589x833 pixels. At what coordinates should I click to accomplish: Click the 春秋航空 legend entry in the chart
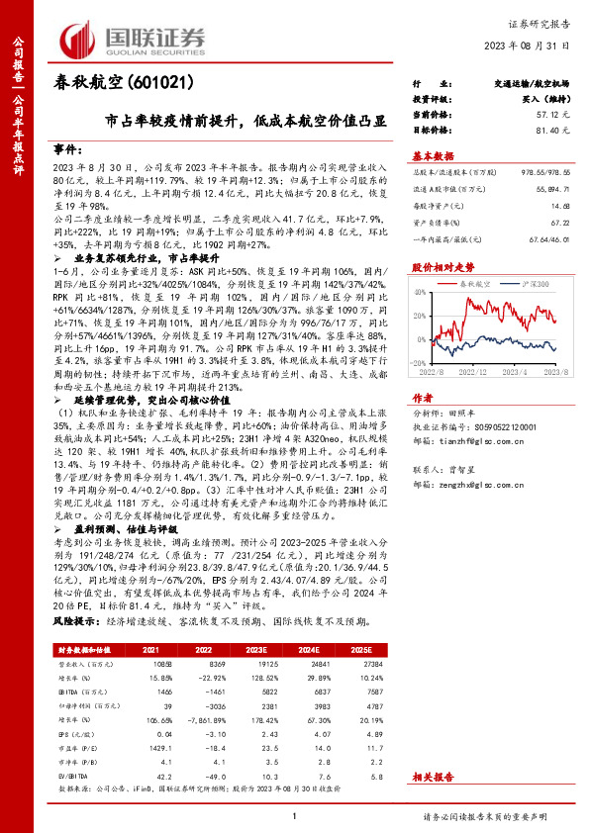click(477, 284)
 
